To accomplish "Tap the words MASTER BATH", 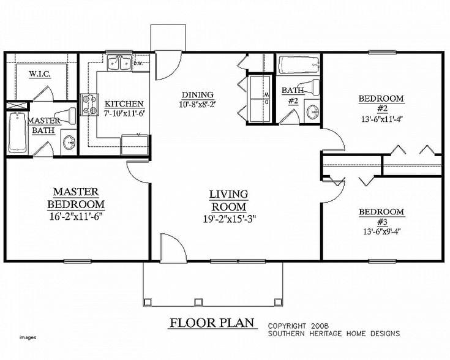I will [x=45, y=126].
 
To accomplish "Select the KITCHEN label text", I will [x=124, y=104].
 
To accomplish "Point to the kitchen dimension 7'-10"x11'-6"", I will [x=124, y=113].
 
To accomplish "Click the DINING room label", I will [x=197, y=94].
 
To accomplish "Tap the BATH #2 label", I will [x=289, y=96].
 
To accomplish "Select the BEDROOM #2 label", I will [x=380, y=103].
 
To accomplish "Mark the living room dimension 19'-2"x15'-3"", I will [x=228, y=217].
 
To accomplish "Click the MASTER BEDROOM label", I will [x=77, y=198].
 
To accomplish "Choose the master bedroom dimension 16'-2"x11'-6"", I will [x=77, y=215].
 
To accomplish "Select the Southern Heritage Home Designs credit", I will [x=333, y=333].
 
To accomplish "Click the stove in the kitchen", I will [x=91, y=104].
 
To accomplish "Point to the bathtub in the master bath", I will [x=17, y=133].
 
